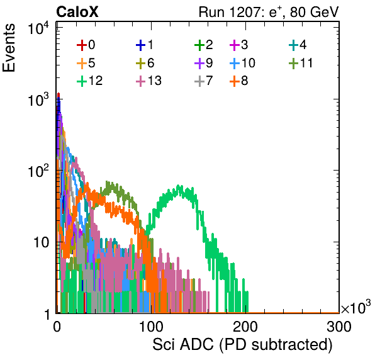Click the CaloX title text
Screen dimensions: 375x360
(77, 12)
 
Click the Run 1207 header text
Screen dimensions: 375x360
(269, 12)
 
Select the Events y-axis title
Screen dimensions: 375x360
(9, 48)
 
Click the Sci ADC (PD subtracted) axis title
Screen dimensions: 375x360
(242, 345)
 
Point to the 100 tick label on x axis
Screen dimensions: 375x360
(151, 327)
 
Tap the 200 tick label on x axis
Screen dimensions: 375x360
(245, 327)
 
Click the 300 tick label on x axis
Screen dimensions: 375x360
(339, 327)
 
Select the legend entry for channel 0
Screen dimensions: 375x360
(86, 45)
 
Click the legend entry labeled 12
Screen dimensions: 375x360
(90, 81)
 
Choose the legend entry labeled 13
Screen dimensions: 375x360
(148, 81)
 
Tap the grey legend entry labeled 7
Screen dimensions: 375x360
(204, 81)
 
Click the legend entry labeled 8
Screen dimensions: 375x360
(239, 81)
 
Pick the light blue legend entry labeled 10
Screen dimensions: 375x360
(242, 63)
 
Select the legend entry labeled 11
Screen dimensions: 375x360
(301, 63)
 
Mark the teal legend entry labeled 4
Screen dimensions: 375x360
(298, 45)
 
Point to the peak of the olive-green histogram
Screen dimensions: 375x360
(107, 182)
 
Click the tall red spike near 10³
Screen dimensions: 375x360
(59, 94)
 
